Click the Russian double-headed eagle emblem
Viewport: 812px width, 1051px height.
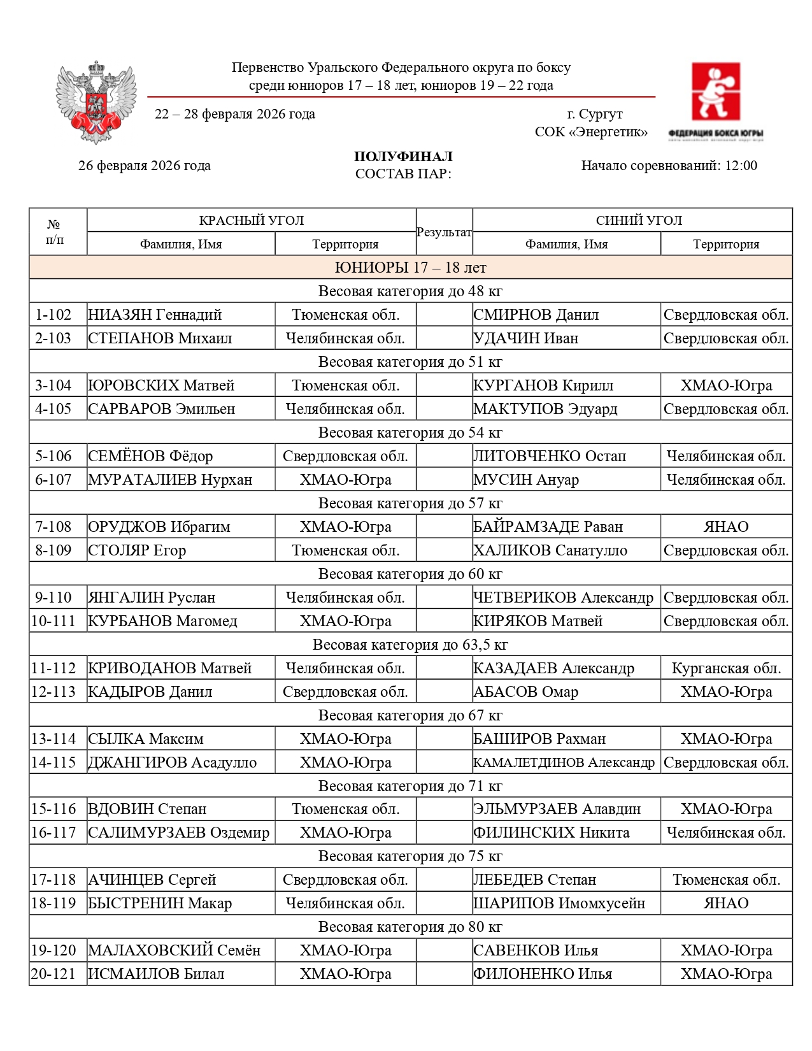coord(96,102)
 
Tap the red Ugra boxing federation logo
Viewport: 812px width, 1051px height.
coord(716,92)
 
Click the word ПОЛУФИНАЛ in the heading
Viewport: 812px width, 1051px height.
coord(403,157)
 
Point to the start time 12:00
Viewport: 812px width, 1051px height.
coord(741,166)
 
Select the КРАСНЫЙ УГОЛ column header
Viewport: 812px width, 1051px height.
coord(251,220)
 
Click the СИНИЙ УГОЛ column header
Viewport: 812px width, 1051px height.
coord(639,220)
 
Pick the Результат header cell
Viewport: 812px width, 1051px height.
coord(444,232)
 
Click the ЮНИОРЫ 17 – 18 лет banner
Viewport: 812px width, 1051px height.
coord(410,268)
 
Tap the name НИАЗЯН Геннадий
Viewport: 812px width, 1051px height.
coord(155,315)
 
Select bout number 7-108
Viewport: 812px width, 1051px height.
coord(54,527)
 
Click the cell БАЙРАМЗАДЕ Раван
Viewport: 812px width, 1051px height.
coord(548,527)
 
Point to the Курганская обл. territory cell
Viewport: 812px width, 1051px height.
coord(726,668)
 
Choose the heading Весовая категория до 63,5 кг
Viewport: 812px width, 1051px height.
coord(410,645)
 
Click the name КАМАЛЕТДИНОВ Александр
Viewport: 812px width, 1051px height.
coord(564,762)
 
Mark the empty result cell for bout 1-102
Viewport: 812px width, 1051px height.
coord(444,315)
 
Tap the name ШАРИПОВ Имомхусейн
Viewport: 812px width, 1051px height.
coord(559,903)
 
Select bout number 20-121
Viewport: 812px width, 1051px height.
coord(54,974)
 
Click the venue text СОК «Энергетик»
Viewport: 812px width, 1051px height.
coord(591,132)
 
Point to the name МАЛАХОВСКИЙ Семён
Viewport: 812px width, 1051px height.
coord(174,950)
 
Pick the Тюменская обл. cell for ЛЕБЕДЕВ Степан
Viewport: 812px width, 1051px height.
coord(726,880)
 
